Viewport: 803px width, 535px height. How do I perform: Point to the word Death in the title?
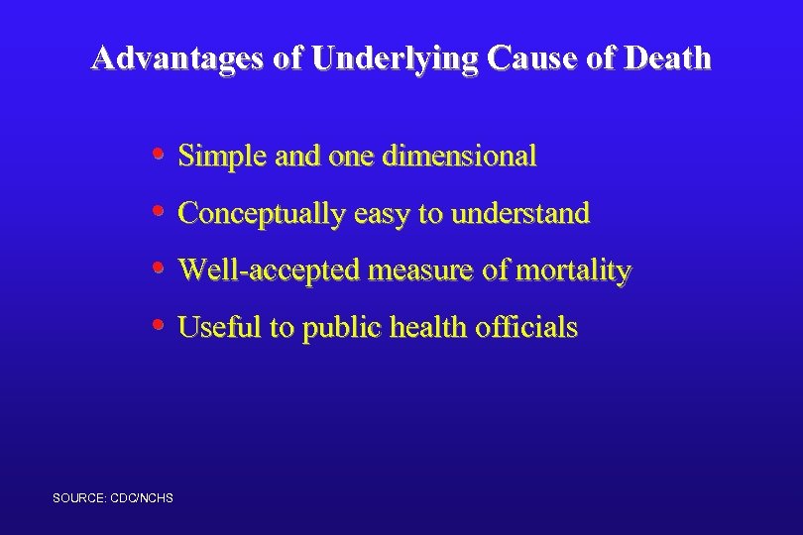click(x=667, y=58)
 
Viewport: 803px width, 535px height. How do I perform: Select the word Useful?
click(x=209, y=327)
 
